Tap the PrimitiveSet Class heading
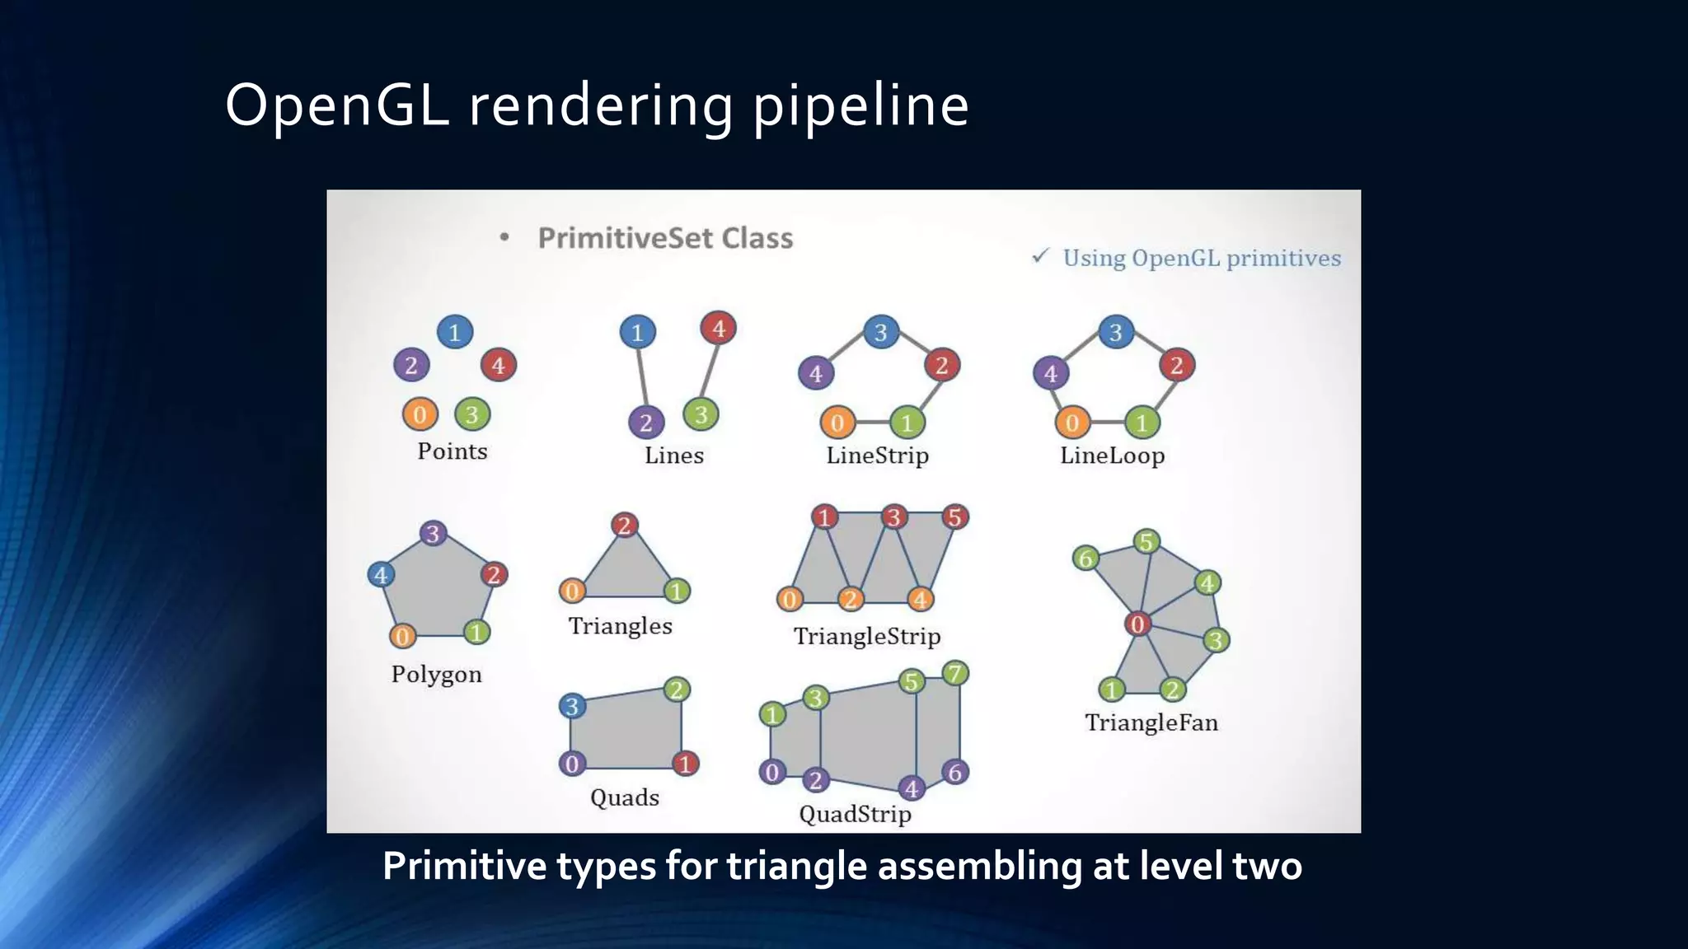click(x=665, y=238)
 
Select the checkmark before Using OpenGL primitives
click(x=1040, y=256)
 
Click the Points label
click(x=452, y=451)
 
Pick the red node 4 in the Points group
click(x=498, y=365)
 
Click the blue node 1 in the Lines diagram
click(x=637, y=333)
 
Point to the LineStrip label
click(x=877, y=456)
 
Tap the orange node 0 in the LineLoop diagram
click(x=1072, y=423)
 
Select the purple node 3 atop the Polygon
click(x=433, y=533)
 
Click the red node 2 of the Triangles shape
click(x=625, y=525)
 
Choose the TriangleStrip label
click(x=866, y=636)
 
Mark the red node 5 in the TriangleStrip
click(x=954, y=517)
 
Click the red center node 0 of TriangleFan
click(x=1137, y=624)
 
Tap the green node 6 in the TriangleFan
click(x=1086, y=559)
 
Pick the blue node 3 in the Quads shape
click(x=572, y=706)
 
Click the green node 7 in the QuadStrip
click(x=954, y=674)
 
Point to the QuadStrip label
click(x=855, y=814)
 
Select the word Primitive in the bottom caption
click(x=464, y=866)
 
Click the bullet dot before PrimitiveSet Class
click(x=504, y=238)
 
